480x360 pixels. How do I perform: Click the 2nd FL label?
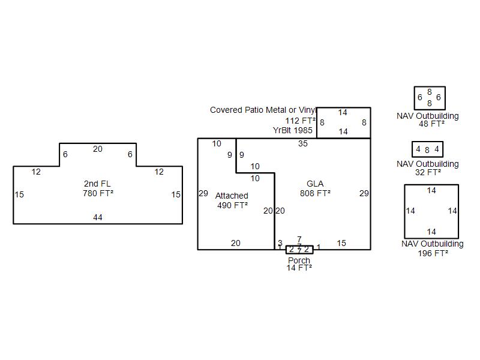[x=98, y=184]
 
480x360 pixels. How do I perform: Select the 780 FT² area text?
[x=98, y=193]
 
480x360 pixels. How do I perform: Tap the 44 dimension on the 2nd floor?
[x=98, y=217]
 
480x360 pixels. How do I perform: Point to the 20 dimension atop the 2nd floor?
[x=98, y=149]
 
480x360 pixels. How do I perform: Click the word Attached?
[x=232, y=196]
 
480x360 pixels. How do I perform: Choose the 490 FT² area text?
[x=232, y=205]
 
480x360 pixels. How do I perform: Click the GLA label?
[x=315, y=184]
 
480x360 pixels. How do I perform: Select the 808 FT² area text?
[x=315, y=193]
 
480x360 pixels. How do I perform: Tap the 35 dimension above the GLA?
[x=303, y=143]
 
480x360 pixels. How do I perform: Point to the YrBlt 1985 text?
[x=293, y=130]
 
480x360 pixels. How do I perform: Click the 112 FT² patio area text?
[x=300, y=121]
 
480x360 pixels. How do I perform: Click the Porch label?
[x=299, y=260]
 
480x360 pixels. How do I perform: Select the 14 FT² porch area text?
[x=299, y=268]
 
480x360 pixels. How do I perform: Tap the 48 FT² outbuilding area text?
[x=431, y=124]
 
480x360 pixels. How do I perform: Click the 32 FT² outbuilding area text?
[x=428, y=172]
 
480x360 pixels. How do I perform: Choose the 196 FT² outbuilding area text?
[x=432, y=253]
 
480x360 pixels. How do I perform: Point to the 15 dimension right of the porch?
[x=341, y=243]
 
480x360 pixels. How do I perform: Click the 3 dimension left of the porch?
[x=280, y=243]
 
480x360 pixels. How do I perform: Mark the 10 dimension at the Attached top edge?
[x=217, y=143]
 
